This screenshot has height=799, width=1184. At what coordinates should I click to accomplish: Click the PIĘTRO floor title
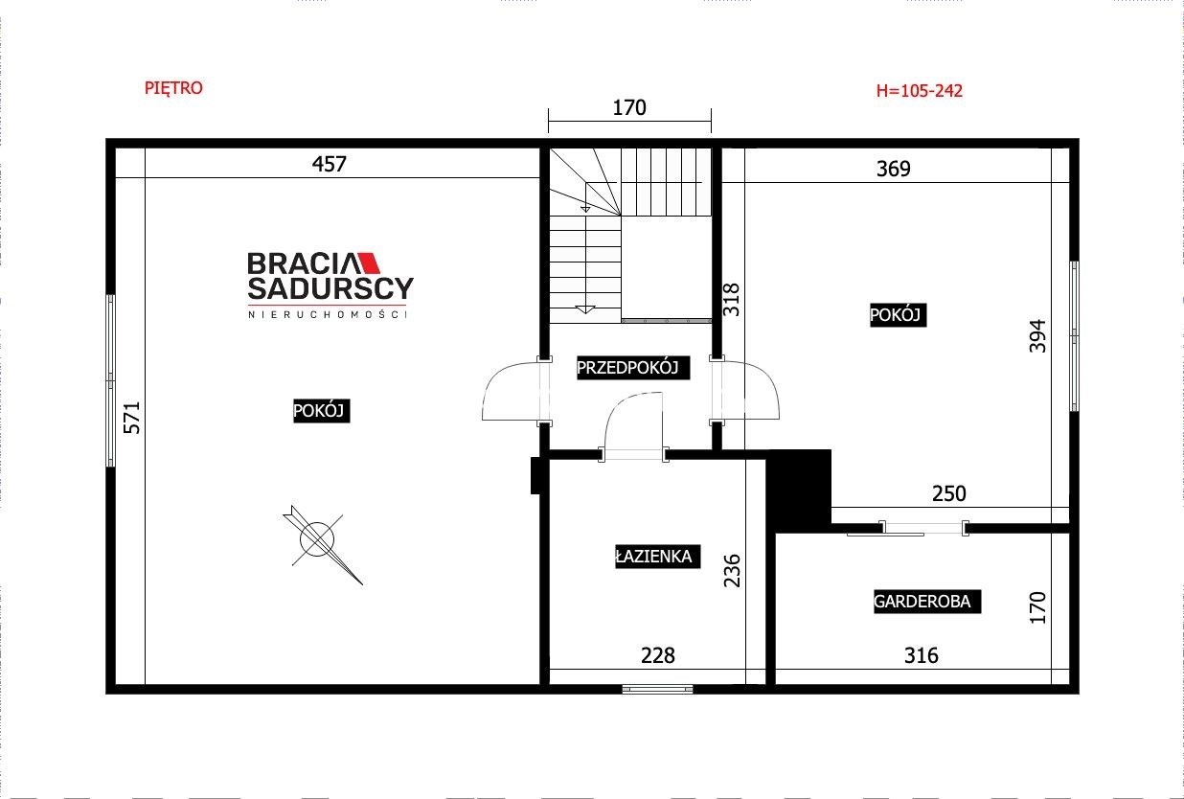click(x=173, y=88)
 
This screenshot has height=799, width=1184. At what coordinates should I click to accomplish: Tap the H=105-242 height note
click(x=920, y=91)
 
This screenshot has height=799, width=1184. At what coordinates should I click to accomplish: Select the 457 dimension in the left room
click(x=329, y=164)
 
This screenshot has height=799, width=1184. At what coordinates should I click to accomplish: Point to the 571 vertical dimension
click(x=131, y=418)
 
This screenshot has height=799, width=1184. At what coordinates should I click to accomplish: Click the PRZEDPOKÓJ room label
click(x=627, y=368)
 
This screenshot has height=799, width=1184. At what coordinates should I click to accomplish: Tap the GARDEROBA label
click(x=922, y=602)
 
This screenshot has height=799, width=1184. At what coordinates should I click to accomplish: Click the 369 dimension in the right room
click(x=894, y=169)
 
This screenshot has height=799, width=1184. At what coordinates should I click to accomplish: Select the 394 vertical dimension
click(x=1037, y=335)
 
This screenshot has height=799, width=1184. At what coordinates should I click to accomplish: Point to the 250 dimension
click(x=948, y=493)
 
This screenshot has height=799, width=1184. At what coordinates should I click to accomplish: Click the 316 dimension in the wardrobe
click(x=922, y=655)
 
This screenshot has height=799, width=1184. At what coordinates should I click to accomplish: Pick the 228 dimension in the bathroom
click(x=658, y=655)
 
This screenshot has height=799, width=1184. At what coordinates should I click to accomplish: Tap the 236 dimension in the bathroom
click(x=732, y=571)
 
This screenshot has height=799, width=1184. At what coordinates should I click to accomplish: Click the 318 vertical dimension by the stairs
click(x=731, y=300)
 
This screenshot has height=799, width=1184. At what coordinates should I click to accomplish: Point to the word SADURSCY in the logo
click(x=330, y=288)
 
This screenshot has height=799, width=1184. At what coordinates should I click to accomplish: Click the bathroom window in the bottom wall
click(x=657, y=689)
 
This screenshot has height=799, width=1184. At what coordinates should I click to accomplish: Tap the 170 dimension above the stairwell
click(x=629, y=108)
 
